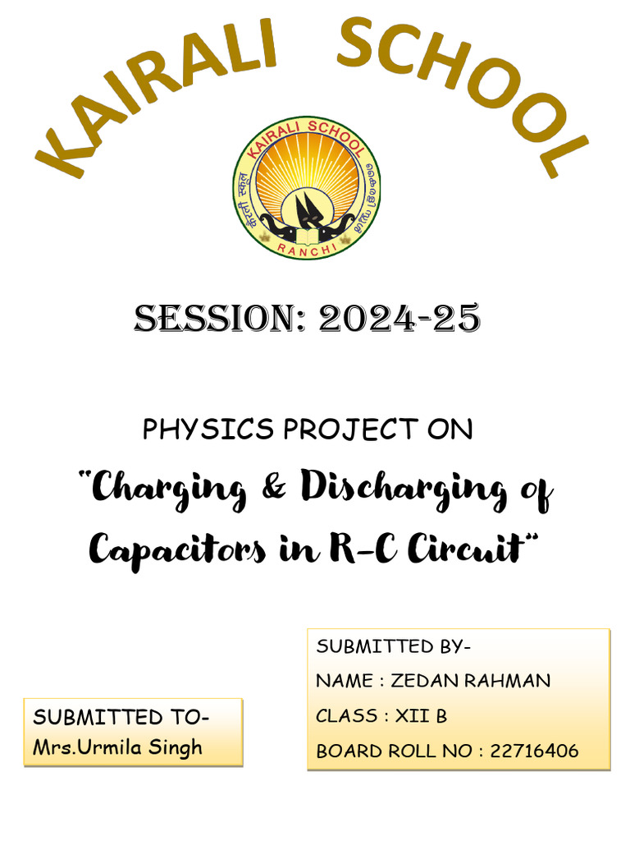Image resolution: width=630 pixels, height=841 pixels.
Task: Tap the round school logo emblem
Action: tap(306, 187)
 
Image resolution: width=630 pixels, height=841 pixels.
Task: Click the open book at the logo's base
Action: tap(306, 237)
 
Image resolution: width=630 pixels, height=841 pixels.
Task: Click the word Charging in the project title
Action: tap(169, 490)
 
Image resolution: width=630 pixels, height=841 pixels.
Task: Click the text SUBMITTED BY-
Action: tap(394, 646)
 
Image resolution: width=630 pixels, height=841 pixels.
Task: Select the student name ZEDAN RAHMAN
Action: tap(471, 681)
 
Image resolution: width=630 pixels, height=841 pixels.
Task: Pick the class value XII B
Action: tap(421, 716)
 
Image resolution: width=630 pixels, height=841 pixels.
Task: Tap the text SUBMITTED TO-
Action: tap(121, 717)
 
